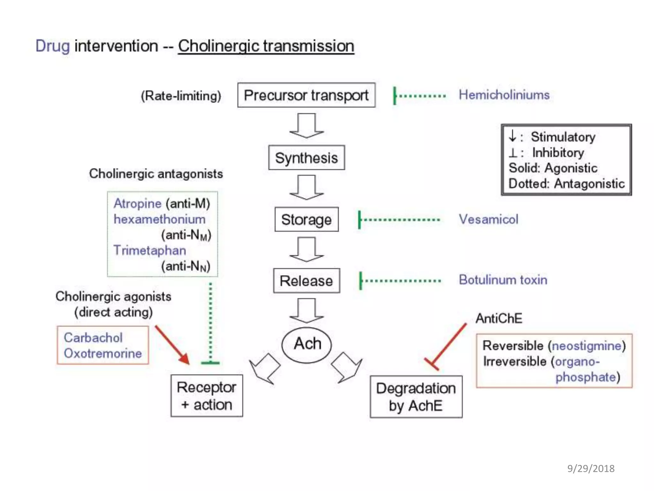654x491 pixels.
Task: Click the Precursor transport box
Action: click(306, 95)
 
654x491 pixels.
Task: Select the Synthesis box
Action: click(306, 158)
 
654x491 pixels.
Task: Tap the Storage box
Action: click(306, 220)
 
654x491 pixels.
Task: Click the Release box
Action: click(306, 281)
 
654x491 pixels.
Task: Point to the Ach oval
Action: click(307, 345)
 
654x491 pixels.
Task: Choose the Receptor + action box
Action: click(207, 396)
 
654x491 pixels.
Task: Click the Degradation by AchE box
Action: click(416, 397)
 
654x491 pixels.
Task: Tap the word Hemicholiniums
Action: click(504, 95)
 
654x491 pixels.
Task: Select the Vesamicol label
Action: click(488, 219)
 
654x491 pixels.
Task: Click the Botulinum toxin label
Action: click(503, 280)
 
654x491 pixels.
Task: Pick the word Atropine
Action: click(138, 204)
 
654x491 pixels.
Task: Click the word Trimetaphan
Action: click(149, 250)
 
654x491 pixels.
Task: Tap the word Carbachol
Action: click(93, 338)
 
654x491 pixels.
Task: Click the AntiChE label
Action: click(499, 318)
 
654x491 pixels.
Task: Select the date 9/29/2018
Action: click(591, 468)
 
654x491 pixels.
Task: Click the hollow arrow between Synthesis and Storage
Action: click(307, 187)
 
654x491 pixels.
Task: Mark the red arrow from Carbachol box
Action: click(172, 345)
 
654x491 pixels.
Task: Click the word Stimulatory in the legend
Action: click(563, 137)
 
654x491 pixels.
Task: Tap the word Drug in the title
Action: click(52, 46)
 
